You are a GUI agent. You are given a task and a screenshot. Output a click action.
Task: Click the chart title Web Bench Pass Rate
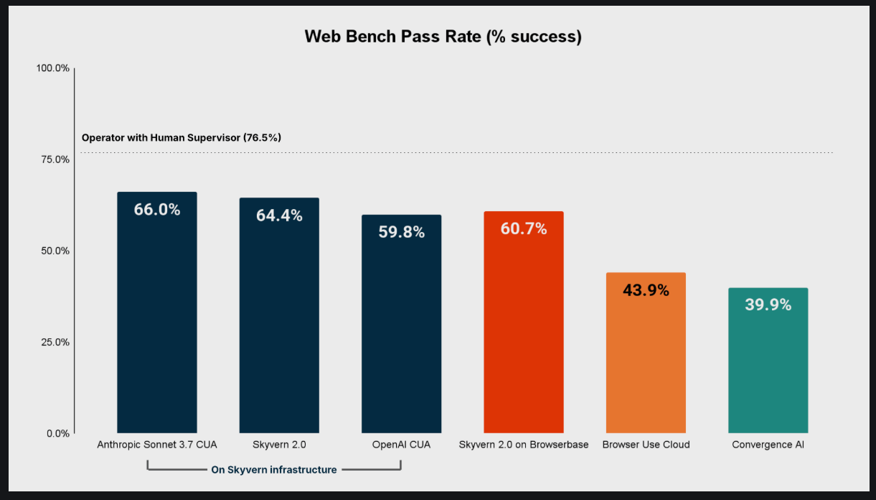click(443, 37)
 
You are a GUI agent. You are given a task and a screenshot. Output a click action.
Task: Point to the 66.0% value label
click(156, 210)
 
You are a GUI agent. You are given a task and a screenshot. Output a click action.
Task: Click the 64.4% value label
click(279, 216)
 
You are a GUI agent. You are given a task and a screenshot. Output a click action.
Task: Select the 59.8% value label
click(401, 232)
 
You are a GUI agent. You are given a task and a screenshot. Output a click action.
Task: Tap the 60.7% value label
click(524, 229)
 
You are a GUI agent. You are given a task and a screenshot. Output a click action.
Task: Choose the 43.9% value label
click(646, 290)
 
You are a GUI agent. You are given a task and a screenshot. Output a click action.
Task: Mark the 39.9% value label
click(768, 305)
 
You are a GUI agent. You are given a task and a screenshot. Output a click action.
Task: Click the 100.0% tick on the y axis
click(52, 68)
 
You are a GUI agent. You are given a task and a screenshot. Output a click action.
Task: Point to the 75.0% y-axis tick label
click(54, 159)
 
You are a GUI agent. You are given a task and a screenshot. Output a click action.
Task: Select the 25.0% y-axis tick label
click(54, 342)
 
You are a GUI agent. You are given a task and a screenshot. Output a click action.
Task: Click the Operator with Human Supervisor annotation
click(182, 137)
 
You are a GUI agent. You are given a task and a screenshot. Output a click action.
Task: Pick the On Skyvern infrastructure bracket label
click(273, 470)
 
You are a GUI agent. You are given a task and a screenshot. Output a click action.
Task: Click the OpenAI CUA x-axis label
click(401, 445)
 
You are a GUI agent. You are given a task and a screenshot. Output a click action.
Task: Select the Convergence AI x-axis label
click(768, 445)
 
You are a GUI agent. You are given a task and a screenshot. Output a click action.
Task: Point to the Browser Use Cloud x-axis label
click(646, 445)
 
